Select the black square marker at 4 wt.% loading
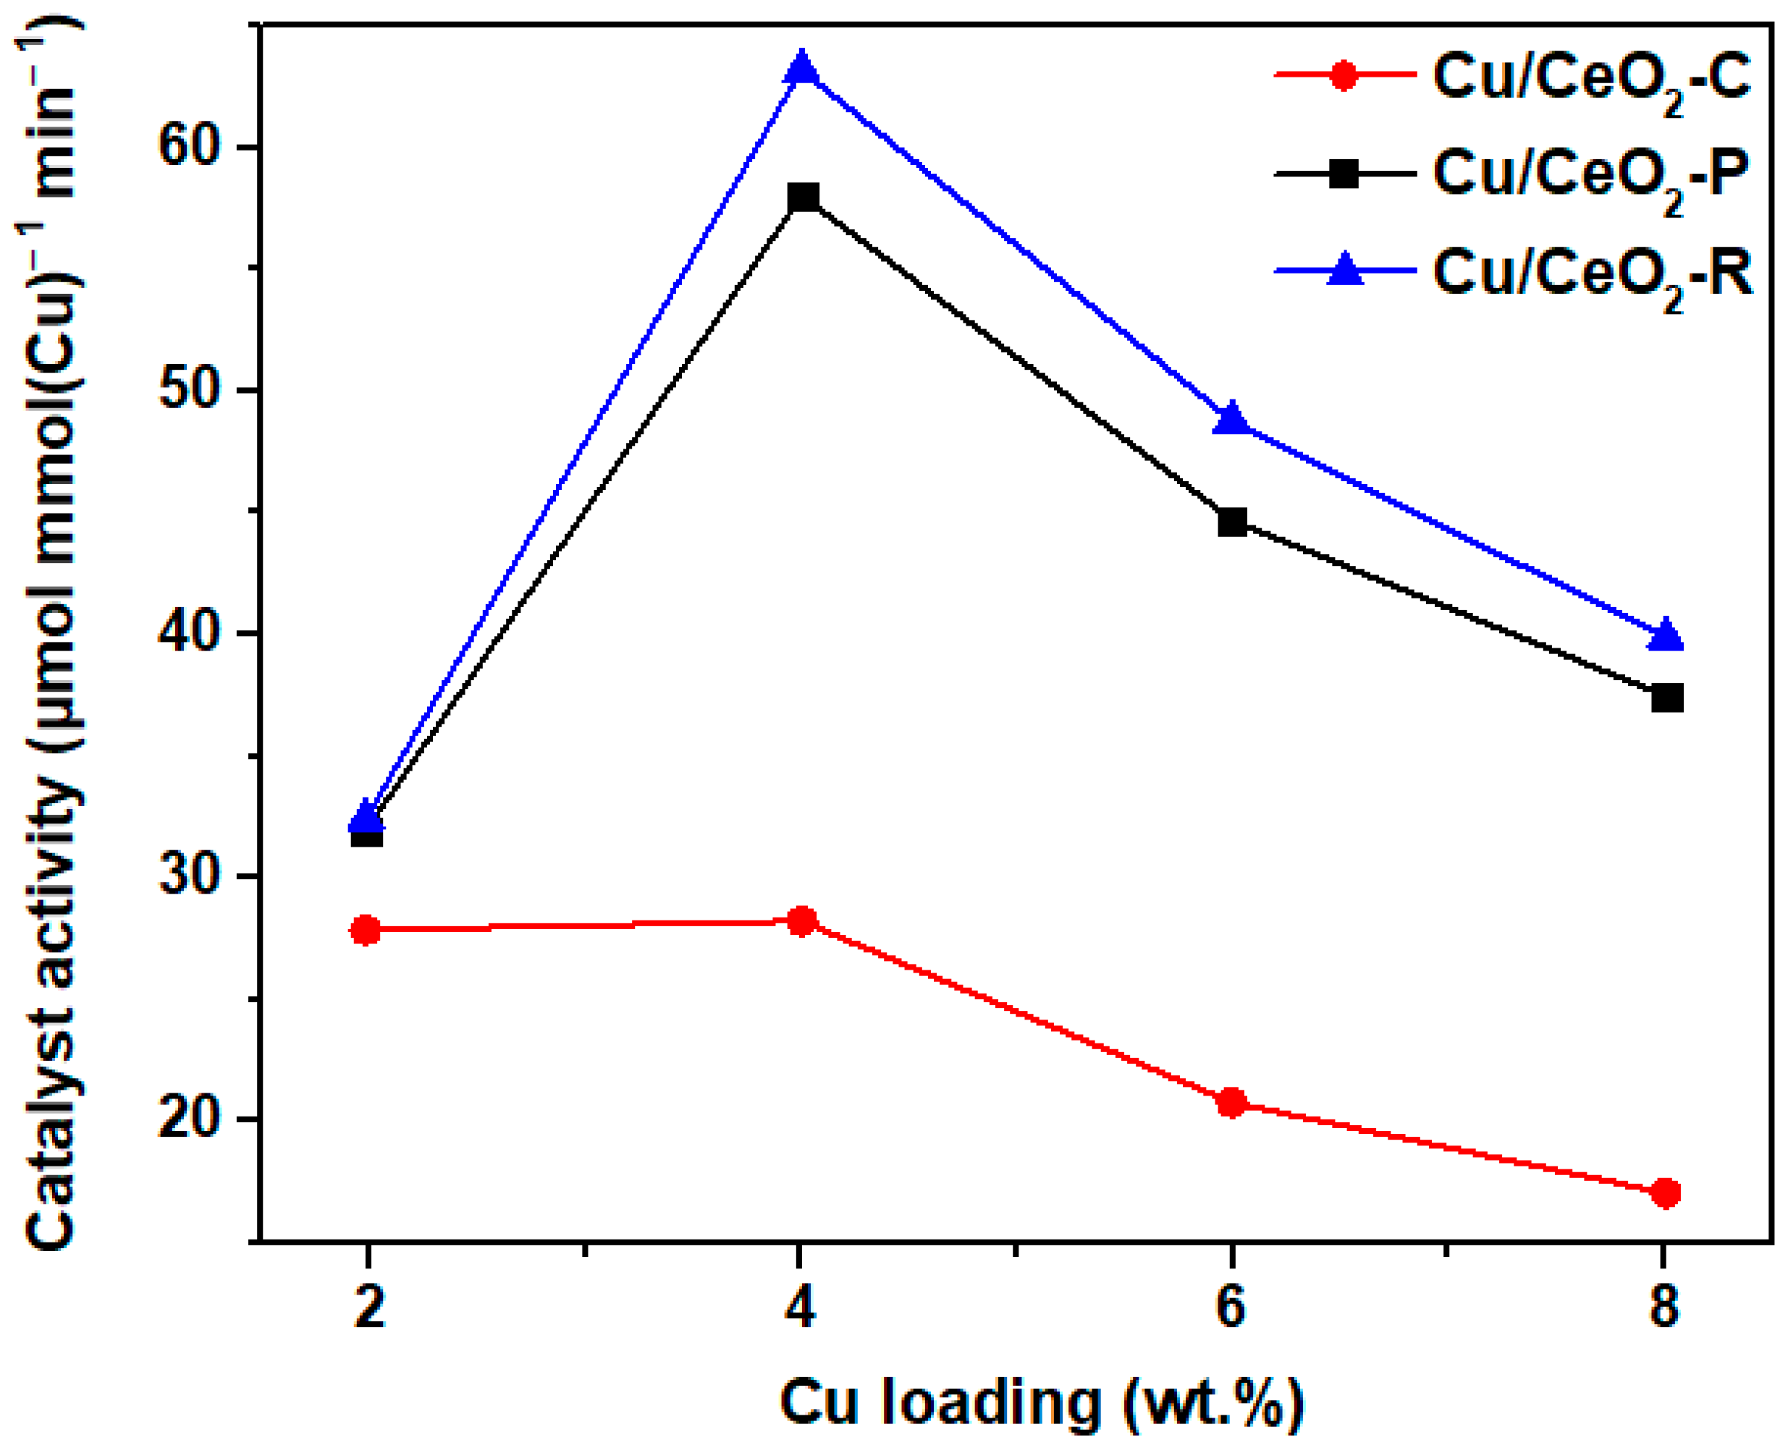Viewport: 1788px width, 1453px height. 803,198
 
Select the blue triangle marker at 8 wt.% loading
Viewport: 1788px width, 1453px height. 1666,635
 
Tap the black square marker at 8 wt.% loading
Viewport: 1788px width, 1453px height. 1666,698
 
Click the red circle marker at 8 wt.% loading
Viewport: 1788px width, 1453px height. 1666,1193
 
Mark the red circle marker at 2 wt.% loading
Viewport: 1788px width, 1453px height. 366,930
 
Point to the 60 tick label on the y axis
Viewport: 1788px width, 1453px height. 193,148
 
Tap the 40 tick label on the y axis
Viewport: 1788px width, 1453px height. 193,634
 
